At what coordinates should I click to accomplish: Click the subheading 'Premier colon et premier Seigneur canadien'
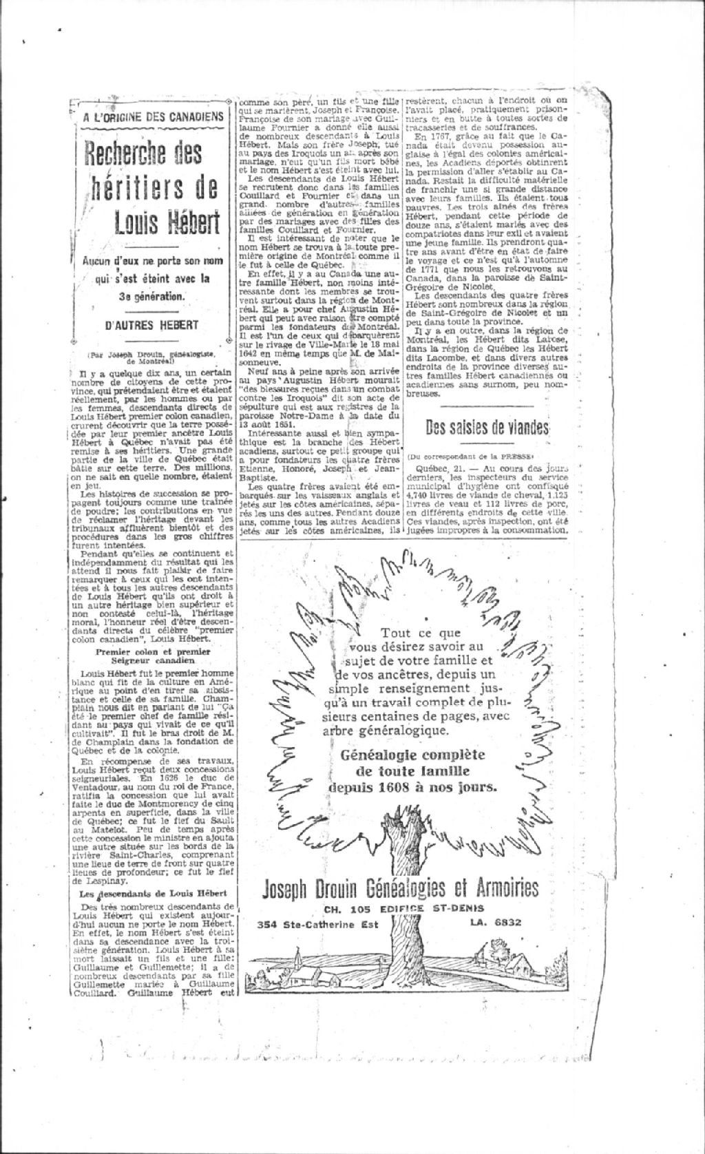pyautogui.click(x=153, y=655)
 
